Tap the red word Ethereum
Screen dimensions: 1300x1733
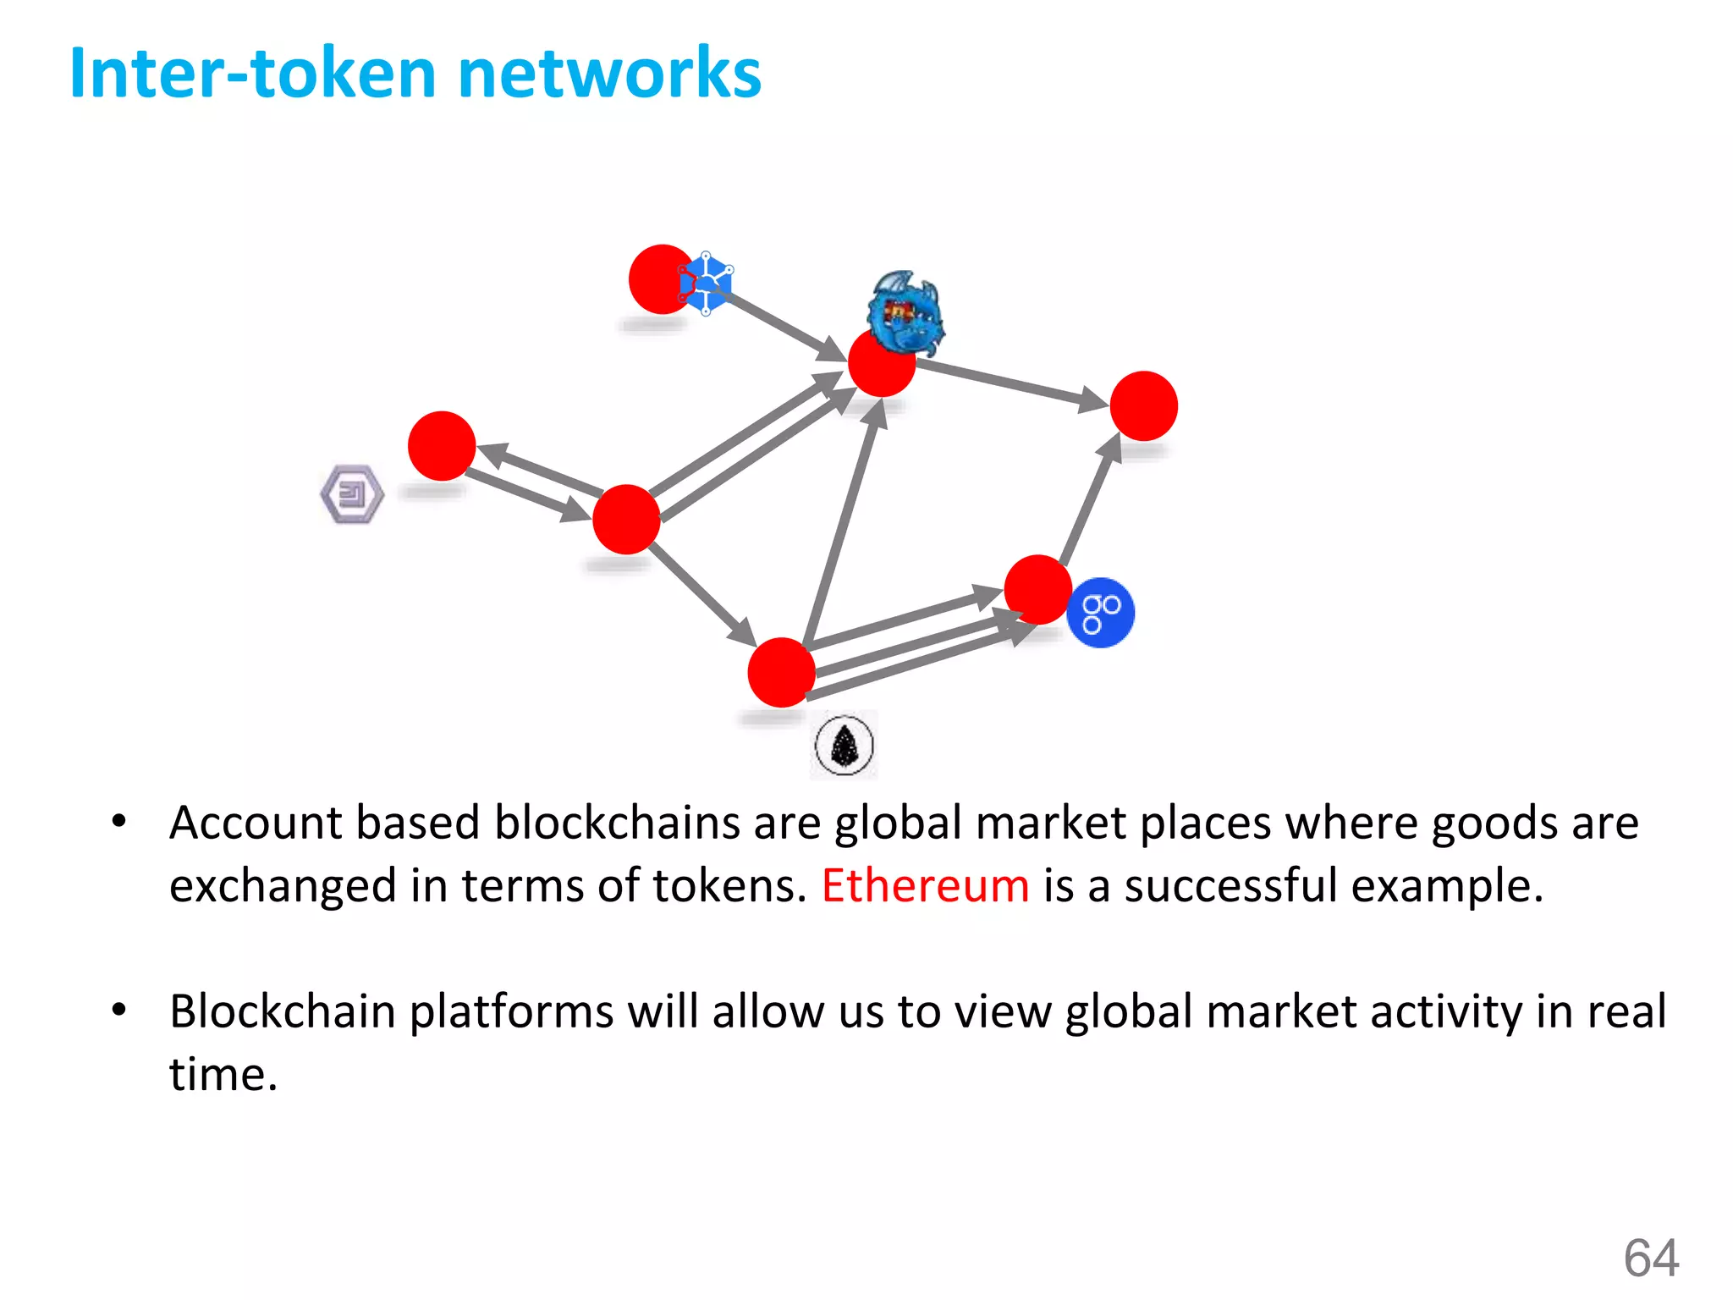925,886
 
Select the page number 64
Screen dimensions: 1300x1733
1651,1258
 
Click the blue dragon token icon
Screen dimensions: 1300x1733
905,311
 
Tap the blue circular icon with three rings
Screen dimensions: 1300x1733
1100,613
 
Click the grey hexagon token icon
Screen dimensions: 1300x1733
352,493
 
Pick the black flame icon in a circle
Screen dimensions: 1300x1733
844,746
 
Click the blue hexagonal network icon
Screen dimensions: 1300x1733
707,284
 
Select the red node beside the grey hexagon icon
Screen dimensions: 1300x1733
441,446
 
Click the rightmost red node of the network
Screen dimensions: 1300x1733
1143,406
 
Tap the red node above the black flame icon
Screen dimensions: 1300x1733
781,672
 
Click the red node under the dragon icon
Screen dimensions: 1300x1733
881,364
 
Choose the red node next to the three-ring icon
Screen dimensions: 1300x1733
1037,590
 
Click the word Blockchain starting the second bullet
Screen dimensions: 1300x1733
283,1011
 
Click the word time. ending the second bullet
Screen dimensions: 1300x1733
223,1075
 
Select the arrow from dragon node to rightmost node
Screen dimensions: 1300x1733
1011,383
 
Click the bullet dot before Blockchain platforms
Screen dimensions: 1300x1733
119,1010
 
